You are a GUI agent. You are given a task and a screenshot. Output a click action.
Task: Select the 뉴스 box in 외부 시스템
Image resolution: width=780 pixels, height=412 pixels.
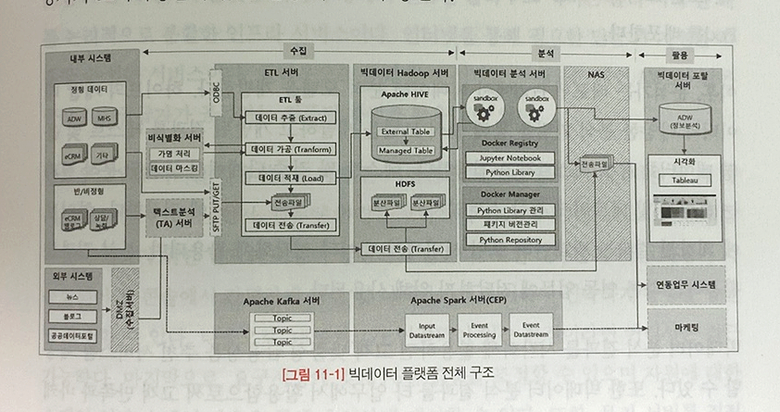(x=73, y=297)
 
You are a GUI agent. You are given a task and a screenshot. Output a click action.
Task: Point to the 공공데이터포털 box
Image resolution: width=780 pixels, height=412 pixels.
(x=73, y=333)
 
